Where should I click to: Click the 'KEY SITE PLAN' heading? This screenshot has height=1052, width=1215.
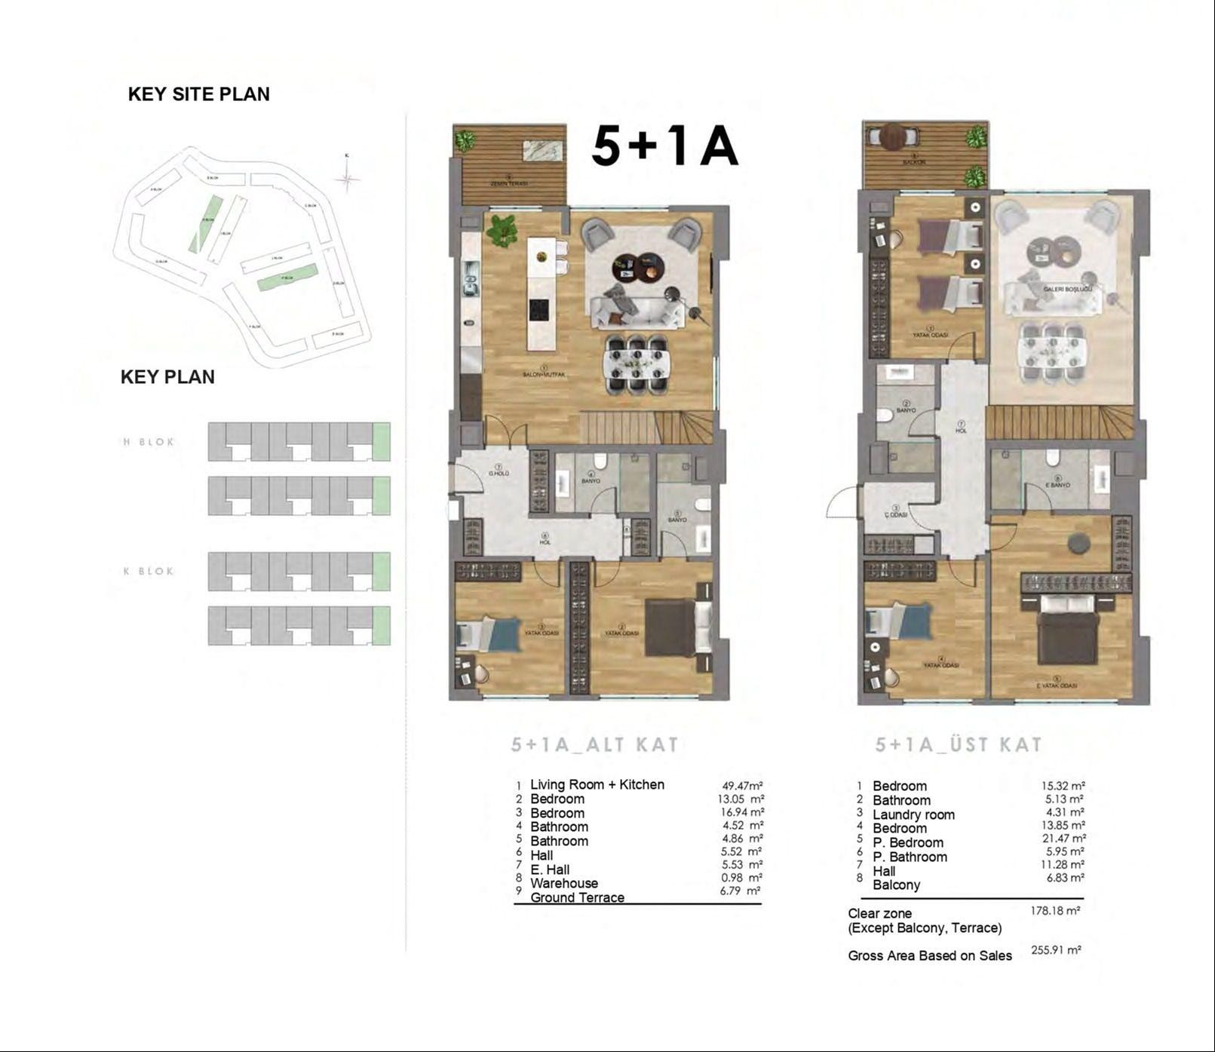(198, 94)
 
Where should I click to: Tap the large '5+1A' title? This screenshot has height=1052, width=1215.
(664, 146)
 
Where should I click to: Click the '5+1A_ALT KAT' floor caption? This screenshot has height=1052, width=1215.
(594, 745)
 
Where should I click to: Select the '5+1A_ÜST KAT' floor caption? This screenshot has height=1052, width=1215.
(958, 745)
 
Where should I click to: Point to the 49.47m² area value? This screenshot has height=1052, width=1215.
(742, 785)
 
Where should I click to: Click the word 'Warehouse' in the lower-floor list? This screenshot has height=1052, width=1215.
(563, 883)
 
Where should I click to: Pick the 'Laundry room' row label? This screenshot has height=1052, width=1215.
(913, 814)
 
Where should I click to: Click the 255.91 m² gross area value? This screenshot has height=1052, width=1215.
(1056, 950)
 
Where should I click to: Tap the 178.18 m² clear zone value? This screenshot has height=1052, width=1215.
(1055, 911)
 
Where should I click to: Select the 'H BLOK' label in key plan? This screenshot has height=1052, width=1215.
(149, 442)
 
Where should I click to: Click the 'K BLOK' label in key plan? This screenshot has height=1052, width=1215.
(149, 571)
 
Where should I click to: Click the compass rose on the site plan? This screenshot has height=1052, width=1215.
(347, 179)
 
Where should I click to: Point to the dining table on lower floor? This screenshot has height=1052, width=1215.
(637, 363)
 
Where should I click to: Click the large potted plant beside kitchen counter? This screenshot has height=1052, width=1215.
(502, 230)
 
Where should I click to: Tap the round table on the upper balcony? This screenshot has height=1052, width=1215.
(894, 136)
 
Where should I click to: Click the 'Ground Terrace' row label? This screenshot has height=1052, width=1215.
(577, 897)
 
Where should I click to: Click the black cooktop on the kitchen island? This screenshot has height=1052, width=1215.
(538, 309)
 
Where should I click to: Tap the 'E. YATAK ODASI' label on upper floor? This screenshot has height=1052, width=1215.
(1057, 685)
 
